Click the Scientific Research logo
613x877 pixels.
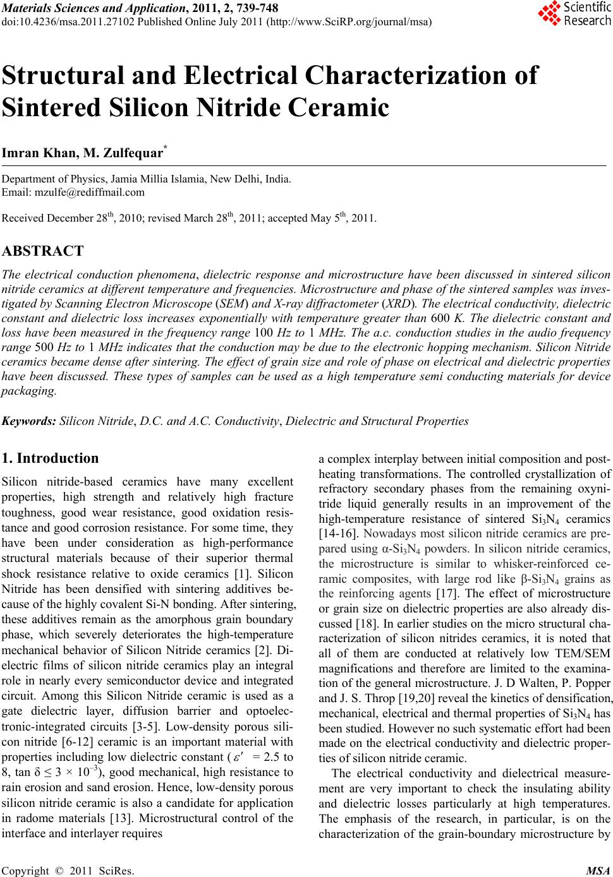[574, 14]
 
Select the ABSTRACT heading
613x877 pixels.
[43, 251]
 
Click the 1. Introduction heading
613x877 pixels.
[51, 458]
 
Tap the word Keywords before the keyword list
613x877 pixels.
[29, 421]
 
